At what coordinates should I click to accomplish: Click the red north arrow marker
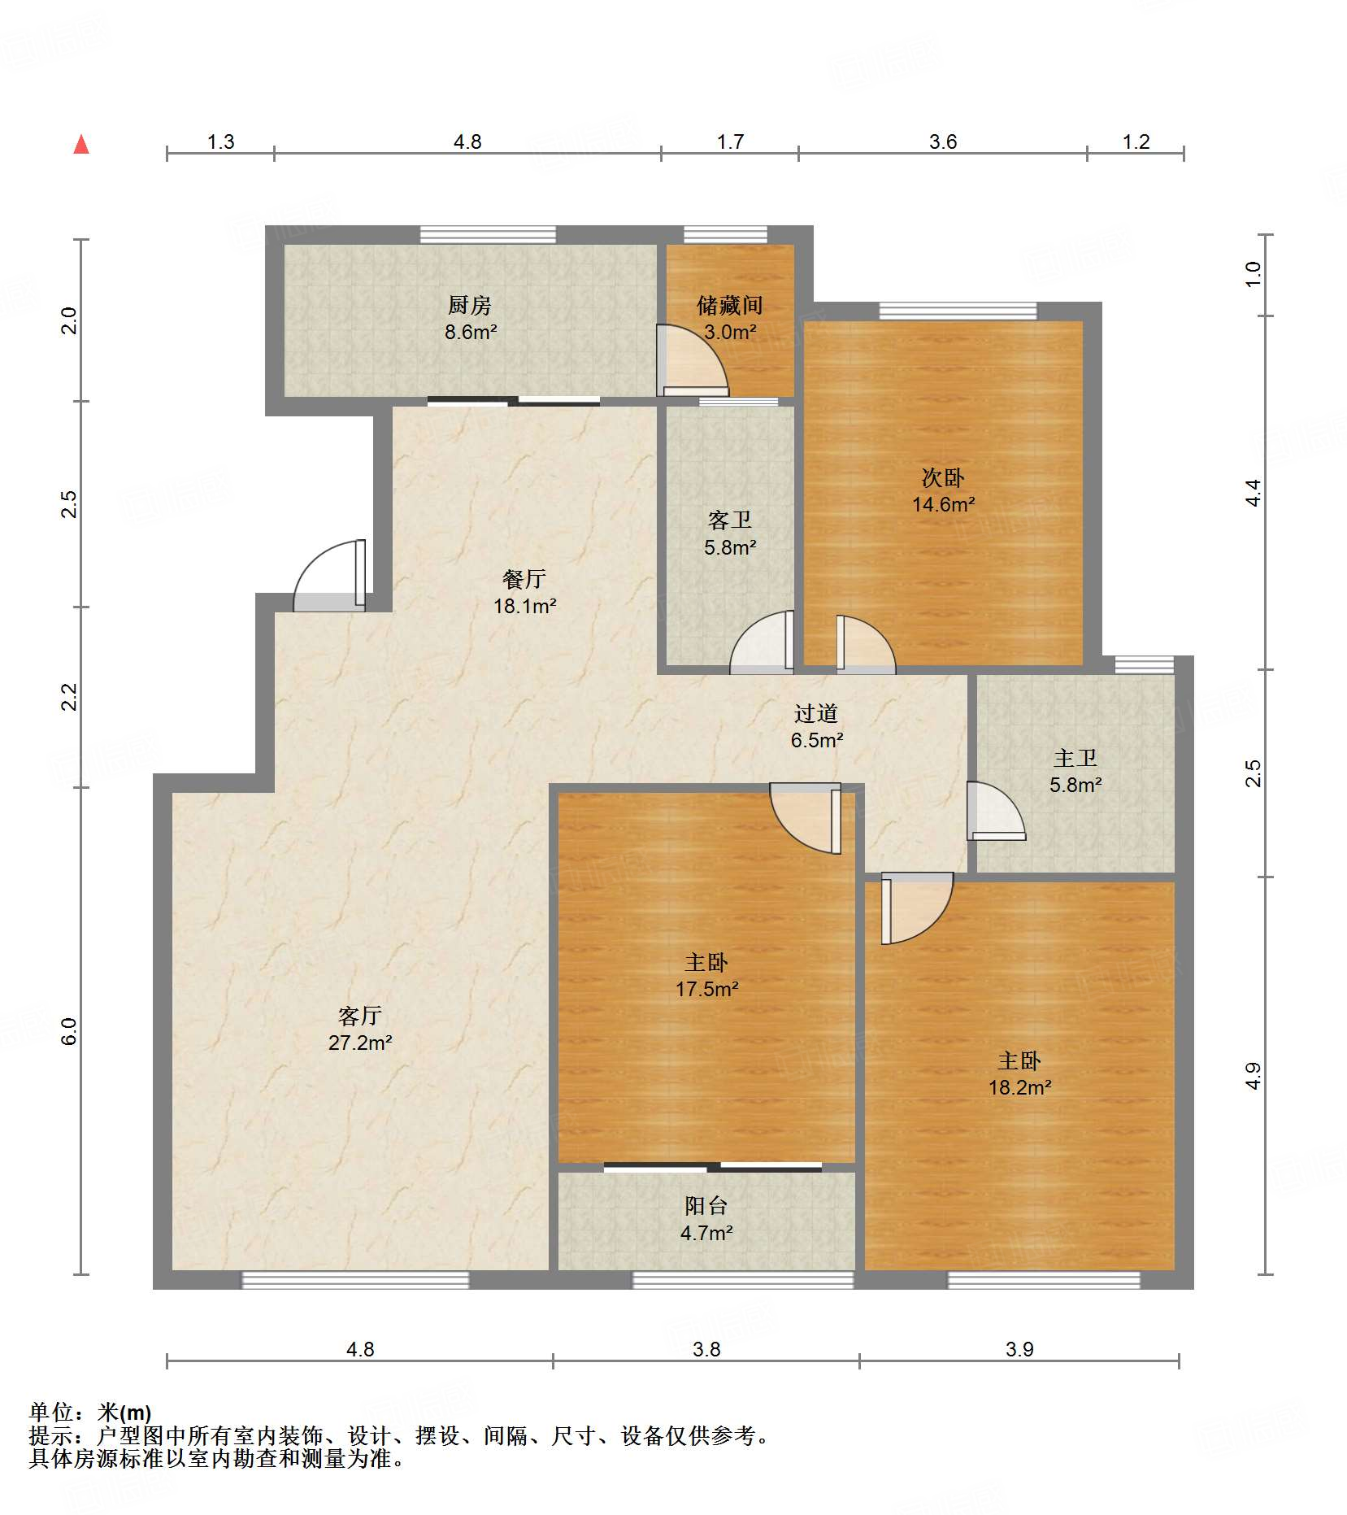point(81,145)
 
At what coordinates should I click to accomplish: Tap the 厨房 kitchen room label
point(470,306)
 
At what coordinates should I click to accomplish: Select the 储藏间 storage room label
point(730,306)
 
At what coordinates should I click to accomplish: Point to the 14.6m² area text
point(943,504)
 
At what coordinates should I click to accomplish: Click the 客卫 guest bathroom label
point(730,520)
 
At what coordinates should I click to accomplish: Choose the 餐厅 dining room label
point(524,579)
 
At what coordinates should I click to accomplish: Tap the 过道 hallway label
point(816,713)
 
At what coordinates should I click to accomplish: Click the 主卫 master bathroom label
point(1075,758)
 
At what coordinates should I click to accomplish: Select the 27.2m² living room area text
point(360,1043)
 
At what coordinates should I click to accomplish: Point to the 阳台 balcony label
point(706,1206)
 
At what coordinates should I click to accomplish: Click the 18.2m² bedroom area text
point(1019,1087)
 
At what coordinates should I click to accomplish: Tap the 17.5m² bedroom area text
point(706,989)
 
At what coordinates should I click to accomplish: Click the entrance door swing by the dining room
point(329,576)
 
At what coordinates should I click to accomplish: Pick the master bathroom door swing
point(996,811)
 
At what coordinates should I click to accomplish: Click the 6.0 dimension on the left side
point(69,1031)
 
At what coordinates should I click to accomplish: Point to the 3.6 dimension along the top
point(943,141)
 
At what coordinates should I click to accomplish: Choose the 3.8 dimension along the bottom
point(706,1349)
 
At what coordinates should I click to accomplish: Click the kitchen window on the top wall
point(488,234)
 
